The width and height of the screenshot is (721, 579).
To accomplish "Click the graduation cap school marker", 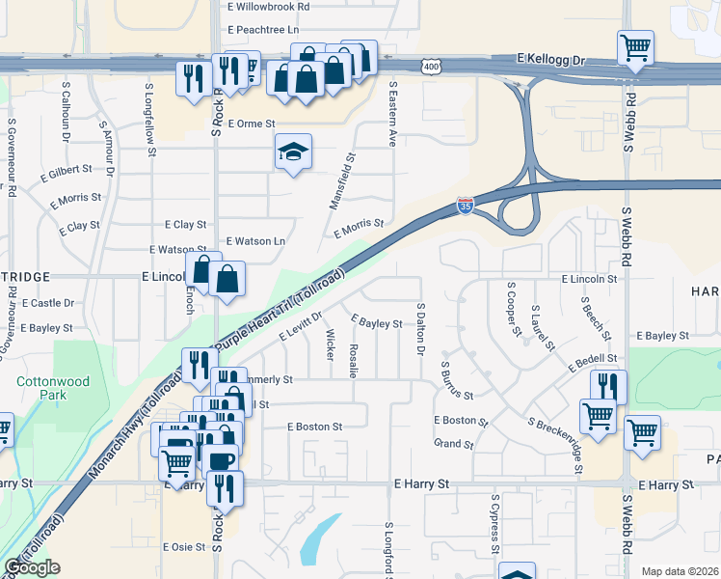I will [293, 152].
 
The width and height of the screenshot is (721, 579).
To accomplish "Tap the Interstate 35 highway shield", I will [466, 207].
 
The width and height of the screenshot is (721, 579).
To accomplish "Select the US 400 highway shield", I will [431, 66].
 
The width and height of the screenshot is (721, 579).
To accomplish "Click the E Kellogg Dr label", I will [551, 59].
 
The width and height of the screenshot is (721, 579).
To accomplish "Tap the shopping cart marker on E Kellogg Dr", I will [635, 47].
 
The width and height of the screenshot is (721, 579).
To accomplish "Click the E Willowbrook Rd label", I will [269, 6].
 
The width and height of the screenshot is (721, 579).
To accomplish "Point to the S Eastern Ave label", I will [393, 113].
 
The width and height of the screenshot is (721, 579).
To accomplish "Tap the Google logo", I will [32, 568].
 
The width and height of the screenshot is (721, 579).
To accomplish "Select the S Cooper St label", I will [513, 311].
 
